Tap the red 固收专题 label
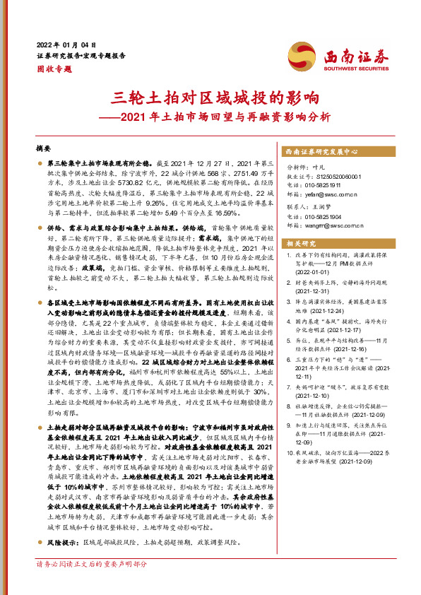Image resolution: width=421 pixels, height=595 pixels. pos(54,69)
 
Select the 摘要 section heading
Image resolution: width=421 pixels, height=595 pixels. pos(43,149)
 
